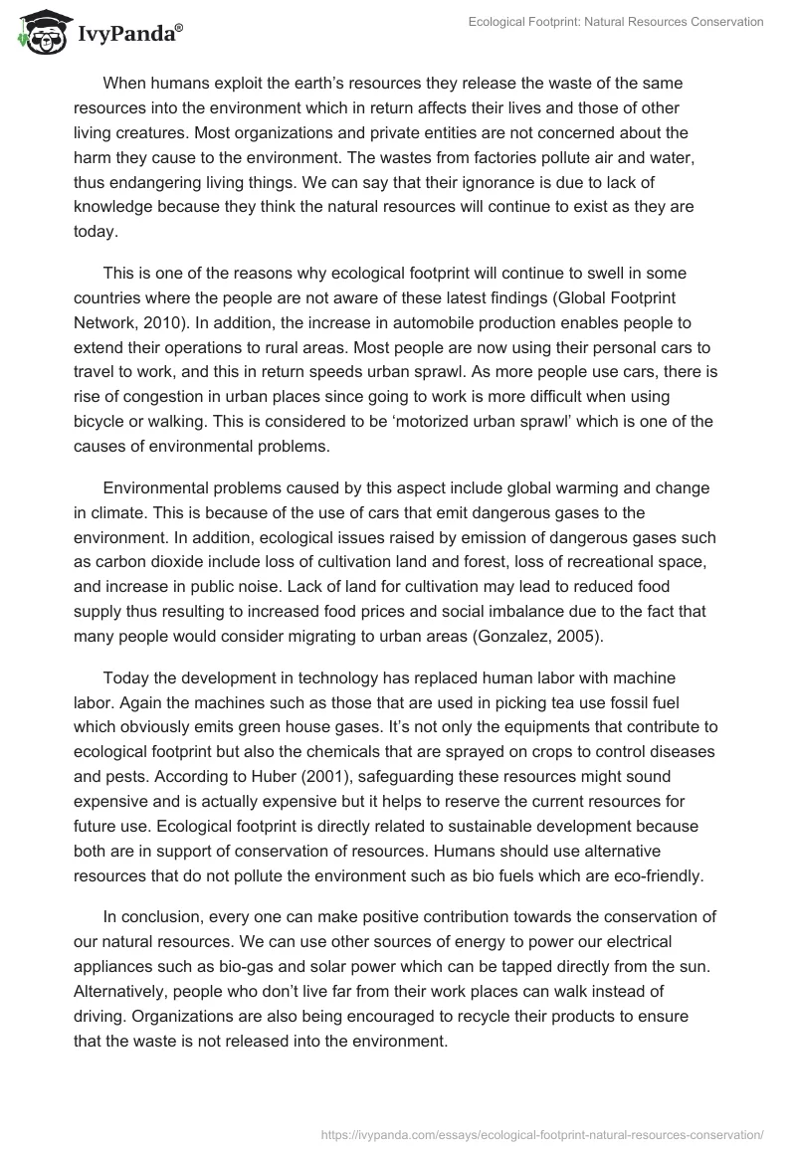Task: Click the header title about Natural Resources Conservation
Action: pos(616,22)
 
